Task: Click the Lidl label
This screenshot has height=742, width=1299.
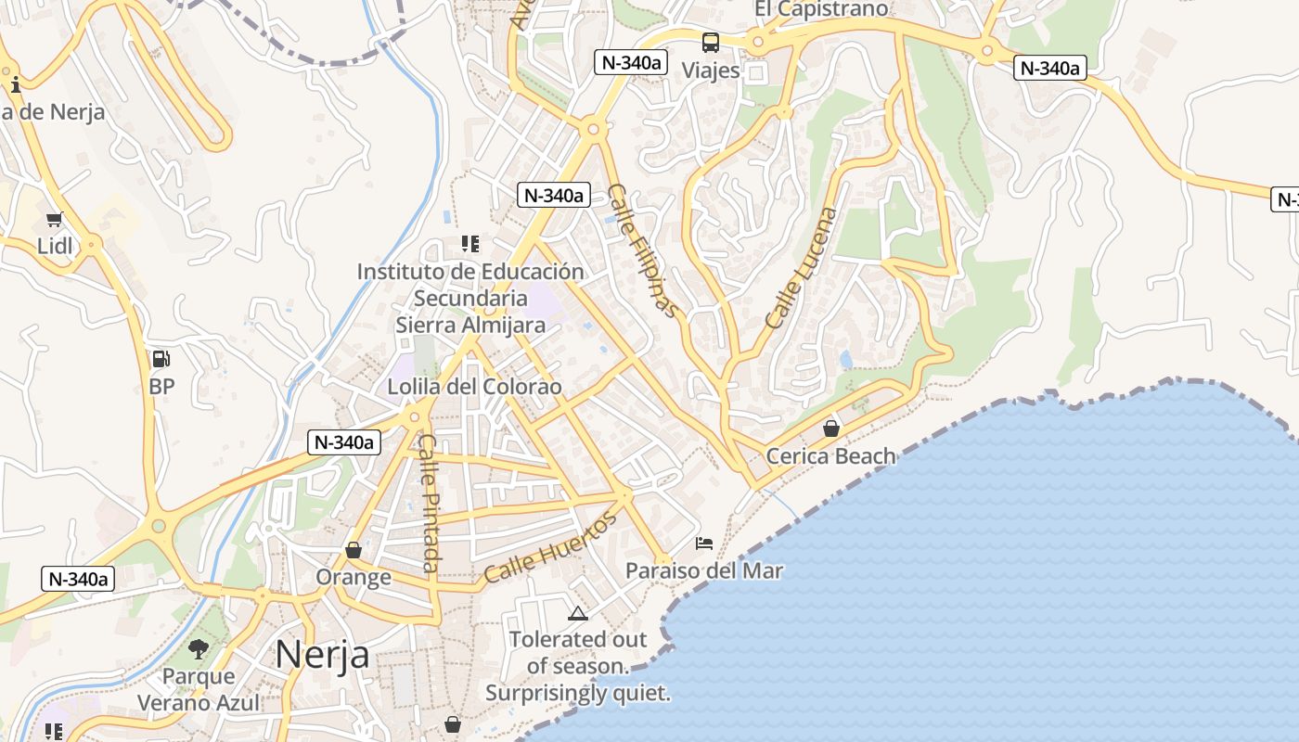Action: pos(55,246)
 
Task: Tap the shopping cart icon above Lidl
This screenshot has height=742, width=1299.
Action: pos(54,220)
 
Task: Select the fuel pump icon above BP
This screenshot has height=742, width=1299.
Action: pos(161,359)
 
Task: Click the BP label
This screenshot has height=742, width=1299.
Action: pos(161,386)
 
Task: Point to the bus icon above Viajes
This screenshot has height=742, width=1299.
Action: pos(711,42)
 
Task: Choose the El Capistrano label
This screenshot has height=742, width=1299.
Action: pos(821,9)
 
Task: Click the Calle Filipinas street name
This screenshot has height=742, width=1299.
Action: pos(643,250)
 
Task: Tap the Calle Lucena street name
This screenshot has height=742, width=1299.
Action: pos(802,267)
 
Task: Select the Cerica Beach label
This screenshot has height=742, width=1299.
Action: pos(831,456)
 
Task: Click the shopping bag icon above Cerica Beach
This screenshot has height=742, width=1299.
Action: pos(831,429)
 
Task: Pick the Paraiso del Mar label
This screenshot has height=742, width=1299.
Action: pos(704,570)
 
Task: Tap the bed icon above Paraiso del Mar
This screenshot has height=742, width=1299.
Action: pos(704,543)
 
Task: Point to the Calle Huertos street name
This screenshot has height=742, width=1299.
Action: pos(550,549)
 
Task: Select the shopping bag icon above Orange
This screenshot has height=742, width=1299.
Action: pos(354,550)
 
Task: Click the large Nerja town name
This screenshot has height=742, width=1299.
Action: pos(322,655)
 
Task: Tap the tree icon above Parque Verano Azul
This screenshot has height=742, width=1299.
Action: pos(199,648)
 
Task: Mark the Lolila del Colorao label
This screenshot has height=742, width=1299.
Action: pos(475,387)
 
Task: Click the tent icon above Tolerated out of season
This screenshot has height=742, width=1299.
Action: pos(578,613)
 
